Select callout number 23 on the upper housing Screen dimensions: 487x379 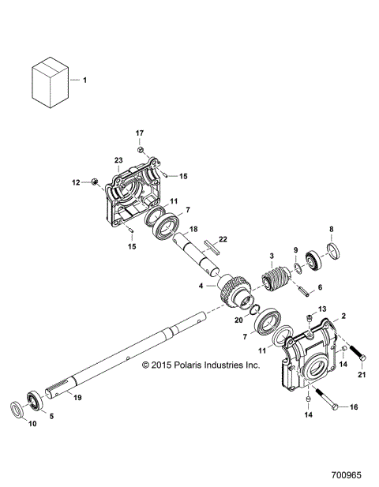pyautogui.click(x=118, y=160)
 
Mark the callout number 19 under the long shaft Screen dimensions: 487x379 pyautogui.click(x=77, y=398)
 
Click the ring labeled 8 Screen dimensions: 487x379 pyautogui.click(x=332, y=252)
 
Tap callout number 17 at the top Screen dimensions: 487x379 pyautogui.click(x=139, y=133)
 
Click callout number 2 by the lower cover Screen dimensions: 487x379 pyautogui.click(x=343, y=315)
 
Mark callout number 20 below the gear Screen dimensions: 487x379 pyautogui.click(x=239, y=320)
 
